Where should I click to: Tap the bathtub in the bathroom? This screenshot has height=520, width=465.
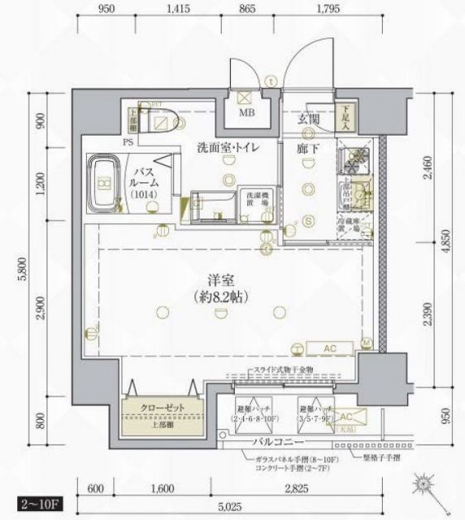[x=104, y=183]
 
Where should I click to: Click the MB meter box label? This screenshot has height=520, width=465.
[x=246, y=113]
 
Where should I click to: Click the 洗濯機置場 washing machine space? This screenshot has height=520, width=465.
[x=249, y=199]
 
